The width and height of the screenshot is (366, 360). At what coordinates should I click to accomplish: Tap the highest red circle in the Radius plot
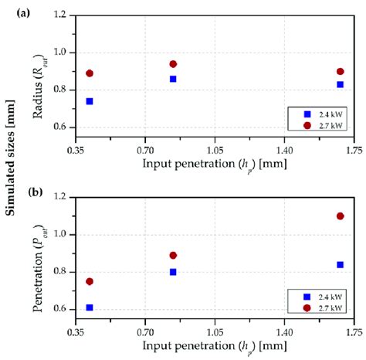pos(173,64)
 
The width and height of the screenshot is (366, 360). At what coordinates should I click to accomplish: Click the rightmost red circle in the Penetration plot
pos(340,216)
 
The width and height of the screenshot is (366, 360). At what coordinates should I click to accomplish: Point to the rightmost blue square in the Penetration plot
pos(340,264)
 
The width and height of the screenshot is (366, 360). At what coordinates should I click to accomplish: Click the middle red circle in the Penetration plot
pos(173,255)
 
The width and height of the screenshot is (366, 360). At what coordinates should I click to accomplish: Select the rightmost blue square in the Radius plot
pos(340,84)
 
